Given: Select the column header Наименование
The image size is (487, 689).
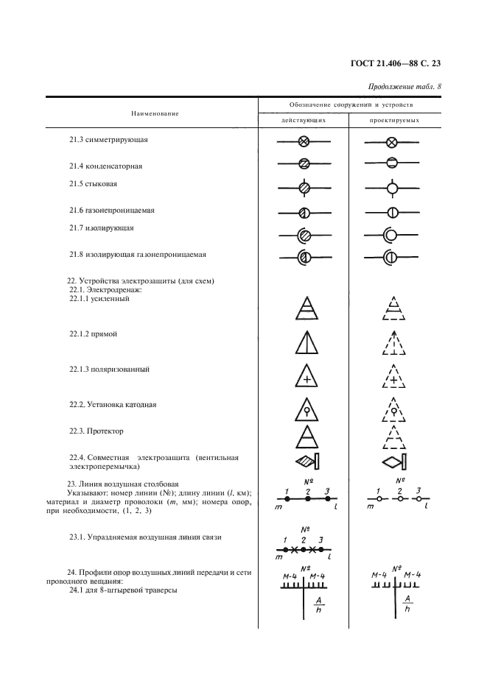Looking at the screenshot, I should coord(155,113).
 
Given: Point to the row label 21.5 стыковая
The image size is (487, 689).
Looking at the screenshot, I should coord(93,183).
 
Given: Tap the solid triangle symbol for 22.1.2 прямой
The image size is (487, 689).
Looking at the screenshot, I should coord(304,344).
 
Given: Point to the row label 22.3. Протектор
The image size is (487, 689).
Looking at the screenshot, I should coord(97,431).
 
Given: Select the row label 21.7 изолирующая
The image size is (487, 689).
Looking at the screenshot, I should coord(101,228).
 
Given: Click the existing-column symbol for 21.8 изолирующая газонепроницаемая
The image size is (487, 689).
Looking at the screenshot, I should coord(304,257).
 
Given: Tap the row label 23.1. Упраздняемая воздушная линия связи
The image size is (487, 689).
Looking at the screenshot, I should coord(145,537).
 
